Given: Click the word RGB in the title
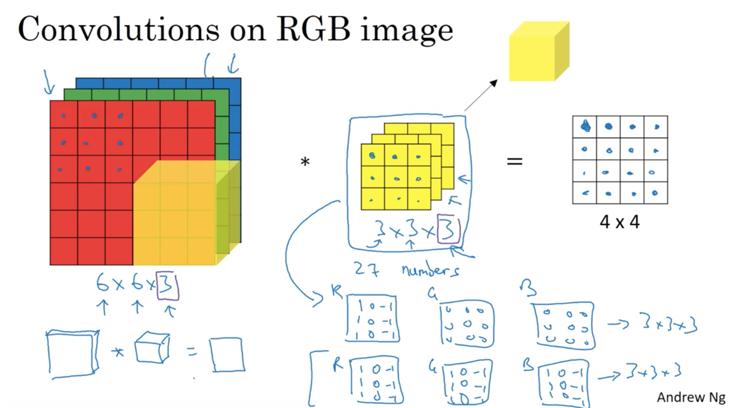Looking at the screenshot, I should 313,30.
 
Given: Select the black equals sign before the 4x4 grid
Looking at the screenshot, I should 514,161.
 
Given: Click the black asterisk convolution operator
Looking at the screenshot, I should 305,162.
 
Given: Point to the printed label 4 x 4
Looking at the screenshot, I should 619,222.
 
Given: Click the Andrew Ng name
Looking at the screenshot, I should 691,397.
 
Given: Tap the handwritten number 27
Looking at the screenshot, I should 367,269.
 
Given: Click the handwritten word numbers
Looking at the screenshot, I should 430,270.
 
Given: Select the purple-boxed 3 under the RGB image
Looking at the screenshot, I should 168,286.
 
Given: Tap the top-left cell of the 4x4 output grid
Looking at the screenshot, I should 584,127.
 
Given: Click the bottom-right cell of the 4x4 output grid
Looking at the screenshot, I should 656,193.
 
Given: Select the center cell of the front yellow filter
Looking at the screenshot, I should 396,177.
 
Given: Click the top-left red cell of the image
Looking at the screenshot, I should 63,114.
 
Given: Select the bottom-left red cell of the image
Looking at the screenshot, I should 63,251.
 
